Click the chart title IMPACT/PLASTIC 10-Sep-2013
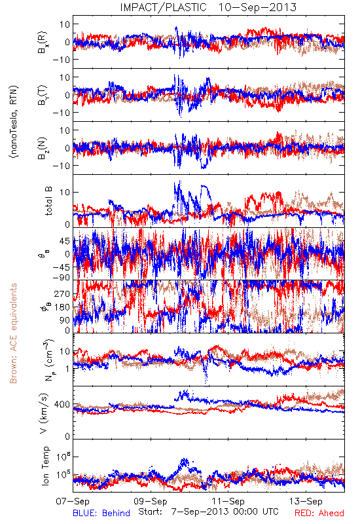point(208,7)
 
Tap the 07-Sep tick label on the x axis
point(73,501)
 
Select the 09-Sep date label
point(151,501)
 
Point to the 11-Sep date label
point(228,501)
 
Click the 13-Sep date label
point(306,501)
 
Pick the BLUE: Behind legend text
point(101,513)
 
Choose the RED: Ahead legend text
point(319,513)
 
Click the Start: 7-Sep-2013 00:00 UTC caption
point(208,512)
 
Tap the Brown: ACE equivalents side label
point(13,333)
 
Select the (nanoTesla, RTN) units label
point(14,122)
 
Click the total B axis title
point(48,201)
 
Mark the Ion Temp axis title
point(45,466)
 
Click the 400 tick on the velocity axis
point(62,405)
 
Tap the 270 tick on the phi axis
point(62,294)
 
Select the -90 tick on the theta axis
point(61,278)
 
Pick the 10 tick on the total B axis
point(65,193)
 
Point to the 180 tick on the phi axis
point(62,307)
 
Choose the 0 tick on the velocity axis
point(68,437)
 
